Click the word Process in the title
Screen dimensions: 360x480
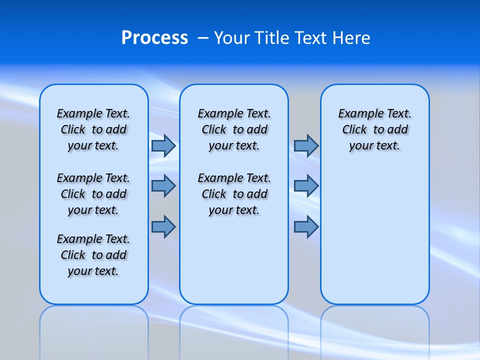[154, 38]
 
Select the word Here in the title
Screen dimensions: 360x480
[352, 38]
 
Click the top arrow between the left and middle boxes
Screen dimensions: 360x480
[163, 146]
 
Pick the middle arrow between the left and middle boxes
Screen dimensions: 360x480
[163, 186]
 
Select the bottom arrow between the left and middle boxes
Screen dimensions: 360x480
[163, 227]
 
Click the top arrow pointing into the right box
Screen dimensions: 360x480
[306, 146]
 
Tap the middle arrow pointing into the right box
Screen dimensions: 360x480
[306, 186]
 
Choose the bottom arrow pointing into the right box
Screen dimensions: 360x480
[306, 227]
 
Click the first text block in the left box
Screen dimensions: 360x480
[93, 129]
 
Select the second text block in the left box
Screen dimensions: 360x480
[93, 194]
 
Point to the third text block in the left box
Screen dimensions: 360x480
[93, 255]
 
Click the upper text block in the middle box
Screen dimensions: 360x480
[234, 129]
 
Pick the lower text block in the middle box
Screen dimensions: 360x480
[234, 194]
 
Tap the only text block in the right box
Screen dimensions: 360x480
[375, 129]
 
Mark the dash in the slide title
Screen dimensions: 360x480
[203, 38]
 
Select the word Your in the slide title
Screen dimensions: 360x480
[232, 38]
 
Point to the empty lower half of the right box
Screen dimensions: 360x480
[375, 240]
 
